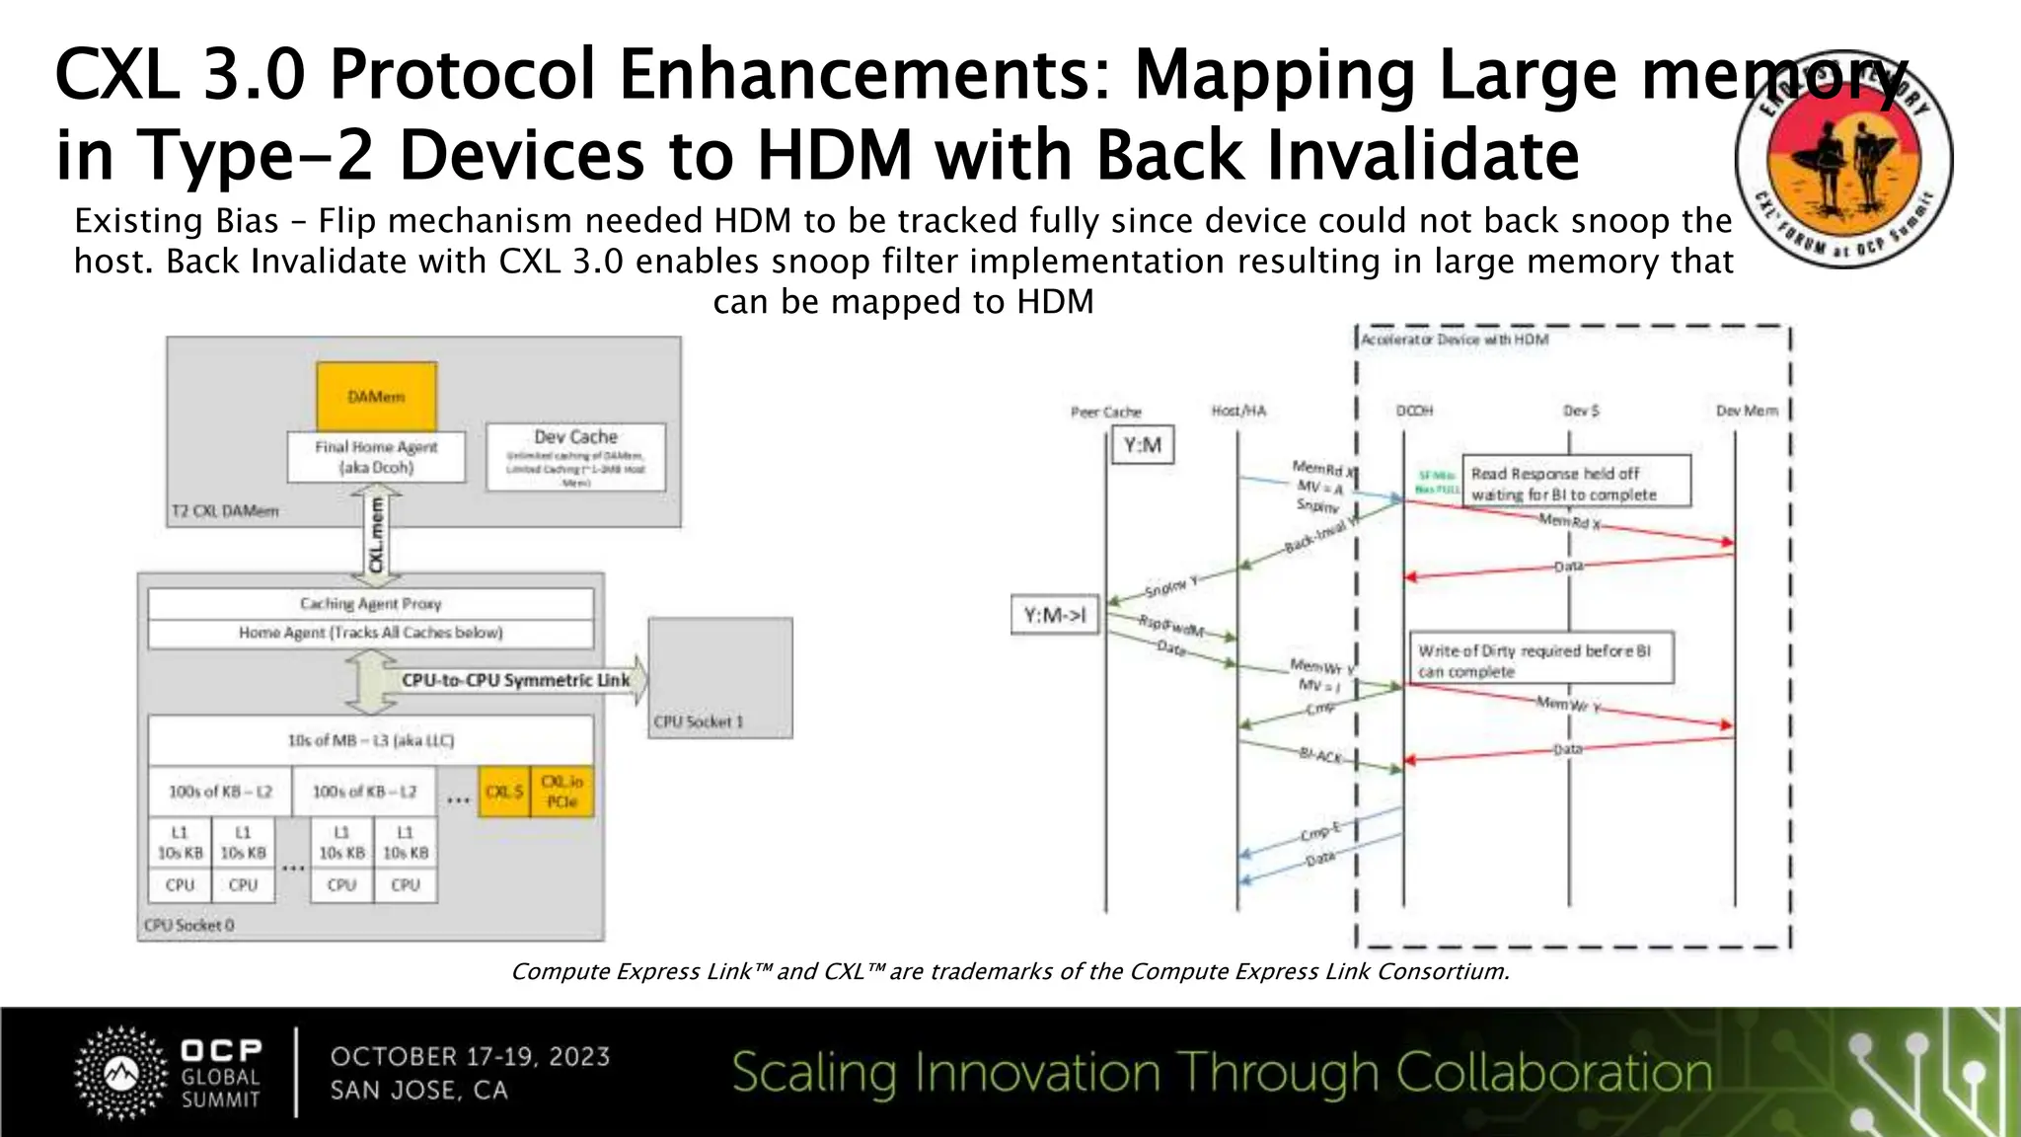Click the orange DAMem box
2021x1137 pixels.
(x=376, y=396)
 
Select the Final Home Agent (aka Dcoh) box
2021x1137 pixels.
(x=376, y=457)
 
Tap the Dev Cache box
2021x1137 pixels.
(x=575, y=457)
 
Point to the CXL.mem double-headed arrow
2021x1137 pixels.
(x=376, y=534)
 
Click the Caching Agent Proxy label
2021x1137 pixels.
(x=370, y=603)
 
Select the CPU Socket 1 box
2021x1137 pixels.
(x=720, y=677)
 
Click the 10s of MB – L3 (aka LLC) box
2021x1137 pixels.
(x=370, y=740)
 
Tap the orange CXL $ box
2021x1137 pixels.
(x=504, y=792)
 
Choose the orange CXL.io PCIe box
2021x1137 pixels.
(x=562, y=792)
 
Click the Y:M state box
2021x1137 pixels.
(x=1142, y=446)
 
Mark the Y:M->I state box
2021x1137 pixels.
(x=1054, y=615)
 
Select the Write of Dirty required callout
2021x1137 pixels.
(x=1540, y=658)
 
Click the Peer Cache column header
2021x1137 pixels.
(x=1105, y=412)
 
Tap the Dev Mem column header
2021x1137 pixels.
(x=1747, y=411)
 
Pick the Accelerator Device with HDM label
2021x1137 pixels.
(x=1454, y=340)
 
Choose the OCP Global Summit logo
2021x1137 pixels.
(x=169, y=1073)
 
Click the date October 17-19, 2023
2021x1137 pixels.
(x=470, y=1056)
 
